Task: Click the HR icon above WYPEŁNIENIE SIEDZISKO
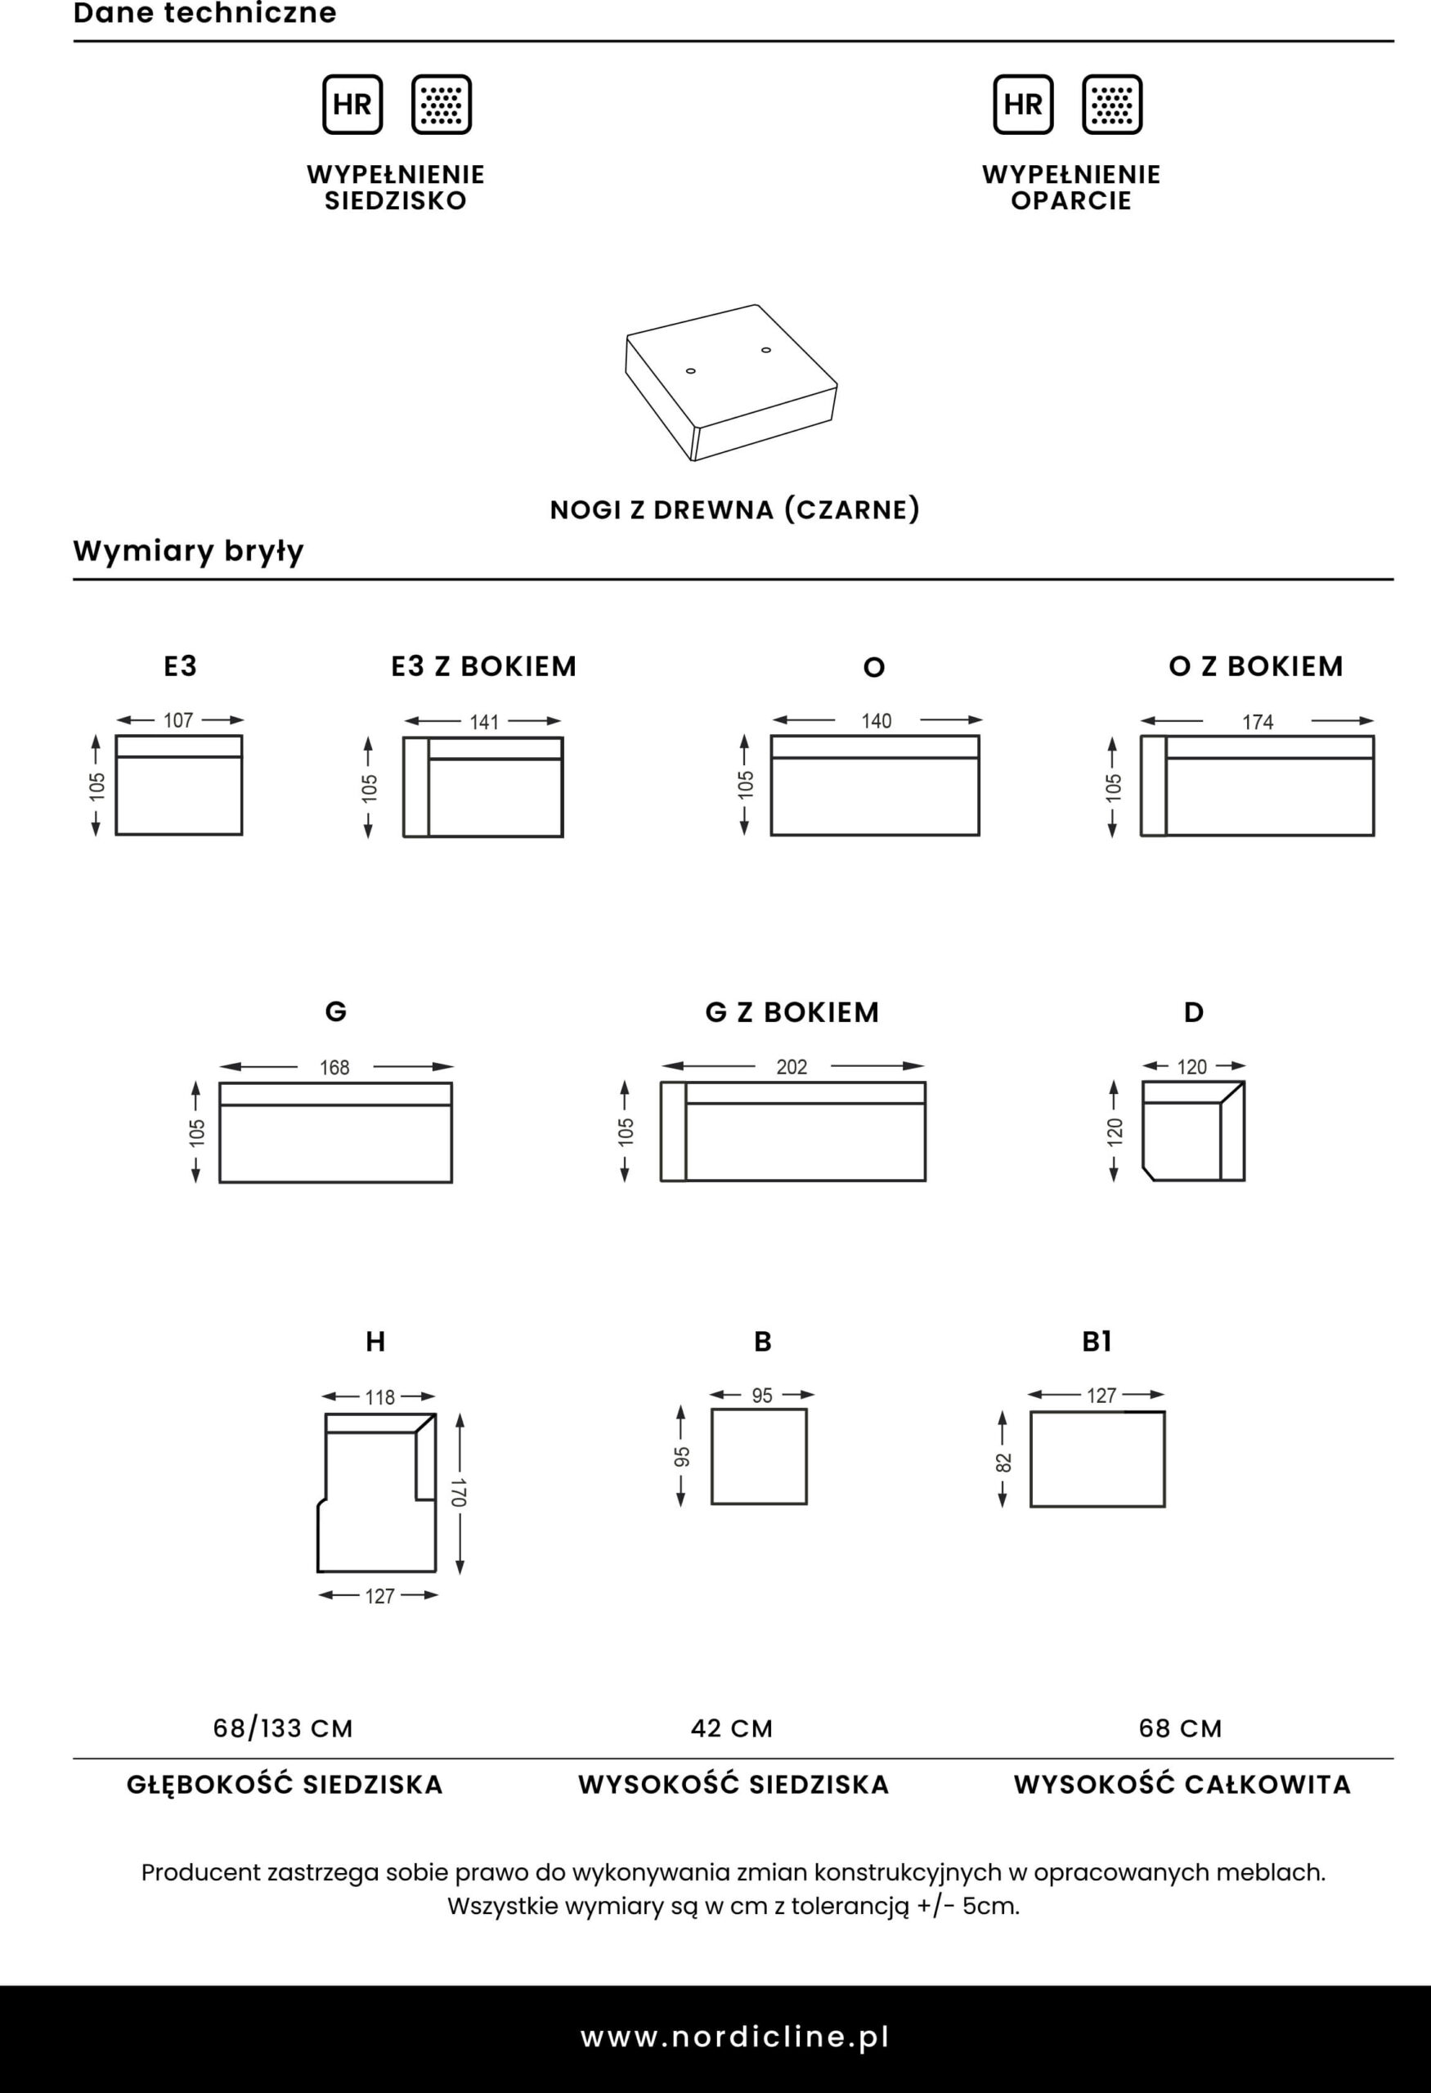click(x=352, y=105)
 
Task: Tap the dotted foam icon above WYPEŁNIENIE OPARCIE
click(x=1112, y=105)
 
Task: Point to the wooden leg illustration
click(x=731, y=383)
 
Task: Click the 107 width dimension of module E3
click(x=178, y=720)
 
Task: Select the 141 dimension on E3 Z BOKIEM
click(x=483, y=721)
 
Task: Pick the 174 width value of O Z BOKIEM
click(x=1257, y=721)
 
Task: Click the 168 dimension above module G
click(x=334, y=1067)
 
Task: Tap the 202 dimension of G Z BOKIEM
click(x=792, y=1066)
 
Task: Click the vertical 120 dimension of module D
click(x=1115, y=1132)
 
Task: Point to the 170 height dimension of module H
click(x=459, y=1492)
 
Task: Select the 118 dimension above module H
click(x=379, y=1397)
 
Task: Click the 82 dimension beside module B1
click(x=1003, y=1463)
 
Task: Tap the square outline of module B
click(x=759, y=1456)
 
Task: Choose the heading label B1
click(x=1096, y=1342)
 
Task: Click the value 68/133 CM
click(x=283, y=1728)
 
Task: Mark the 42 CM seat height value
click(x=731, y=1728)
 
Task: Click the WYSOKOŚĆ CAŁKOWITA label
click(x=1182, y=1784)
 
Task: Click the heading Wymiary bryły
click(x=189, y=550)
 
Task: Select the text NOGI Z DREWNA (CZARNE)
click(x=735, y=509)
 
